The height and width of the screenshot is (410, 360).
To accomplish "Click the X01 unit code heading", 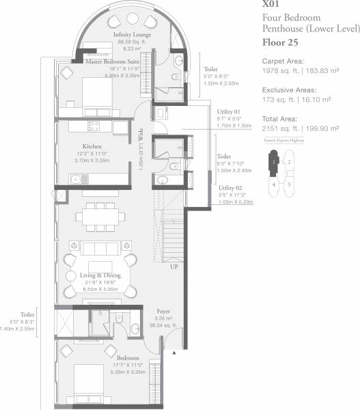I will coord(272,5).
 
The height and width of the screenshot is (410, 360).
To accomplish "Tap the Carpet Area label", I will coord(283,61).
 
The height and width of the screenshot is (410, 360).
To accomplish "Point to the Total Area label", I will coord(280,118).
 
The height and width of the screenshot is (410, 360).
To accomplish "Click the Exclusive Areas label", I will coord(288,90).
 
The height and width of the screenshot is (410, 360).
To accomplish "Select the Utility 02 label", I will coord(228,187).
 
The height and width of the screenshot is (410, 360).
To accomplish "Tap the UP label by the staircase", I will coord(175,267).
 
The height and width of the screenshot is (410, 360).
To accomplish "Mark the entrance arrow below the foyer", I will coord(174,352).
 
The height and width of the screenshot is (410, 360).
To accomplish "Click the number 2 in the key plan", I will coord(288,161).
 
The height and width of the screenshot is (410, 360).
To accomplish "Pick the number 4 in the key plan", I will coord(274,184).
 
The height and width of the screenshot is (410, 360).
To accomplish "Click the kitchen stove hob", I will coord(94,126).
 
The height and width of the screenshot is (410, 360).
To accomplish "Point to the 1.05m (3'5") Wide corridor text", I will coord(140,149).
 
